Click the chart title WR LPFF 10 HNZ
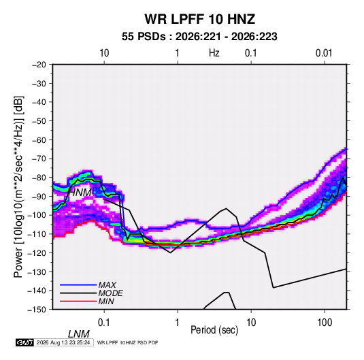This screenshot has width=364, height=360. click(200, 19)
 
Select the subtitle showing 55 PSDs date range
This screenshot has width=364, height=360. click(199, 37)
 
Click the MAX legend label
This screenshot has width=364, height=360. click(107, 285)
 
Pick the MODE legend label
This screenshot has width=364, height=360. click(110, 293)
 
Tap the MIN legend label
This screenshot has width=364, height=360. click(106, 301)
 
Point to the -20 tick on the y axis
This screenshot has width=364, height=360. click(39, 65)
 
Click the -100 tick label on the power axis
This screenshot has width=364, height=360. click(37, 215)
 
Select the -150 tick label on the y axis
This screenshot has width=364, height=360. click(37, 310)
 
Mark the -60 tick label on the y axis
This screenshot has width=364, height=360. click(39, 140)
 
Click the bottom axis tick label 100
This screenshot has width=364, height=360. click(325, 323)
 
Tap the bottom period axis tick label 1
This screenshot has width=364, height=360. click(178, 323)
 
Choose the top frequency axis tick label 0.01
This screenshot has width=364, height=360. click(324, 53)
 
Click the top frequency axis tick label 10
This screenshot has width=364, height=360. click(104, 53)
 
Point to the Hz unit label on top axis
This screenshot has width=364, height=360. click(214, 53)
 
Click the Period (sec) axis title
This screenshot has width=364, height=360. click(214, 330)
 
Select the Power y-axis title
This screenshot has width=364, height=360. click(18, 187)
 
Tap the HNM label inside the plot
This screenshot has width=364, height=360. click(80, 193)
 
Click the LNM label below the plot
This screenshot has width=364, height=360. click(79, 334)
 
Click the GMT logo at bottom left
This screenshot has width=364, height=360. click(25, 342)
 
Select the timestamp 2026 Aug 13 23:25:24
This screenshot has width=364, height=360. click(63, 342)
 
